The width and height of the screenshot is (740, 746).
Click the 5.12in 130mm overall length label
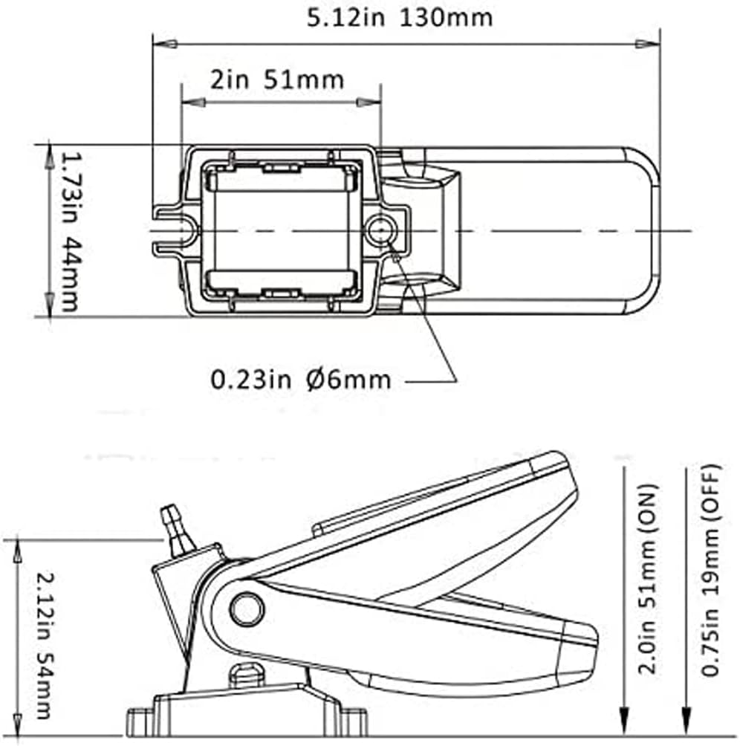400,16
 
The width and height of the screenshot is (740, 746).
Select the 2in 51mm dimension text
276,79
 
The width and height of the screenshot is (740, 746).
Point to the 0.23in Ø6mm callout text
301,380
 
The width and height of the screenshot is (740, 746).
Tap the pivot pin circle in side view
246,609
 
